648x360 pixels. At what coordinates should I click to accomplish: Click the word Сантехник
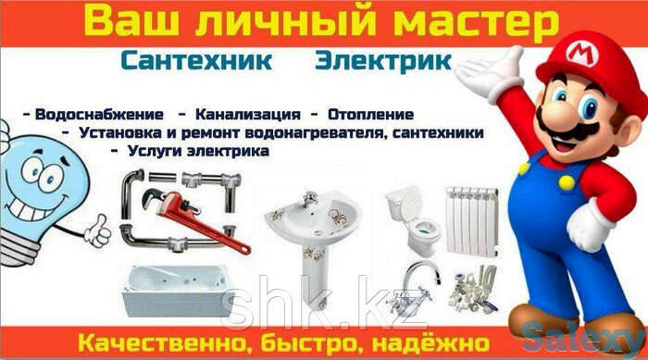coord(195,62)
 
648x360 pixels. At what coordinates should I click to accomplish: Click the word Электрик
coord(383,62)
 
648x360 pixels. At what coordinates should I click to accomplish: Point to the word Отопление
coord(368,115)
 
